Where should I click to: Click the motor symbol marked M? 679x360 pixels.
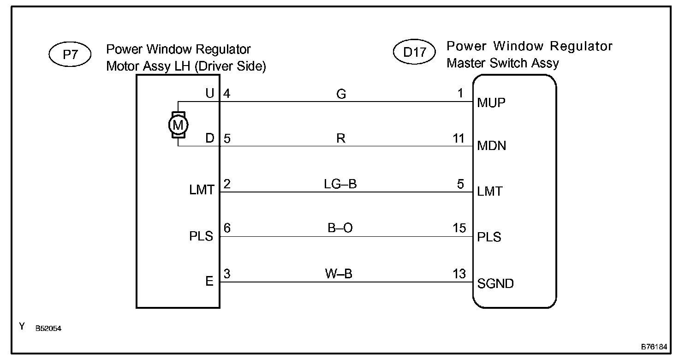(178, 124)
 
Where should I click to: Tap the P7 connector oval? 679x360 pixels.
(70, 55)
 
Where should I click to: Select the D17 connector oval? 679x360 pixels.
(414, 52)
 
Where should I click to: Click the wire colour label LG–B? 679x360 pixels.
(340, 184)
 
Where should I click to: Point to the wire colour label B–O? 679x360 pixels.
(341, 229)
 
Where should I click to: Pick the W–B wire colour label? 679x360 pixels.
(341, 274)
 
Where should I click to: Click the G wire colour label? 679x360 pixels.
(341, 94)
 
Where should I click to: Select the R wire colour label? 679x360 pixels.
(341, 139)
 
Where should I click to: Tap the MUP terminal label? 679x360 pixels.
(491, 102)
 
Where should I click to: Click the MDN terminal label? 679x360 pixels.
(492, 146)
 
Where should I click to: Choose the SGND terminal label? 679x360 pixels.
(495, 283)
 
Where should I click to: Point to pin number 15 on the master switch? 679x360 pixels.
(459, 228)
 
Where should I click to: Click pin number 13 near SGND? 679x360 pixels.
(459, 274)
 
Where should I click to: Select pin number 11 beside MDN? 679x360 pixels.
(459, 138)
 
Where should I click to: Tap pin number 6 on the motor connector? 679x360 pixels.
(227, 228)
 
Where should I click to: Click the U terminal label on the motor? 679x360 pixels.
(210, 94)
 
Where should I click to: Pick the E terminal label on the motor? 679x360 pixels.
(209, 281)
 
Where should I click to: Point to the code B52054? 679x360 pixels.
(48, 329)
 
